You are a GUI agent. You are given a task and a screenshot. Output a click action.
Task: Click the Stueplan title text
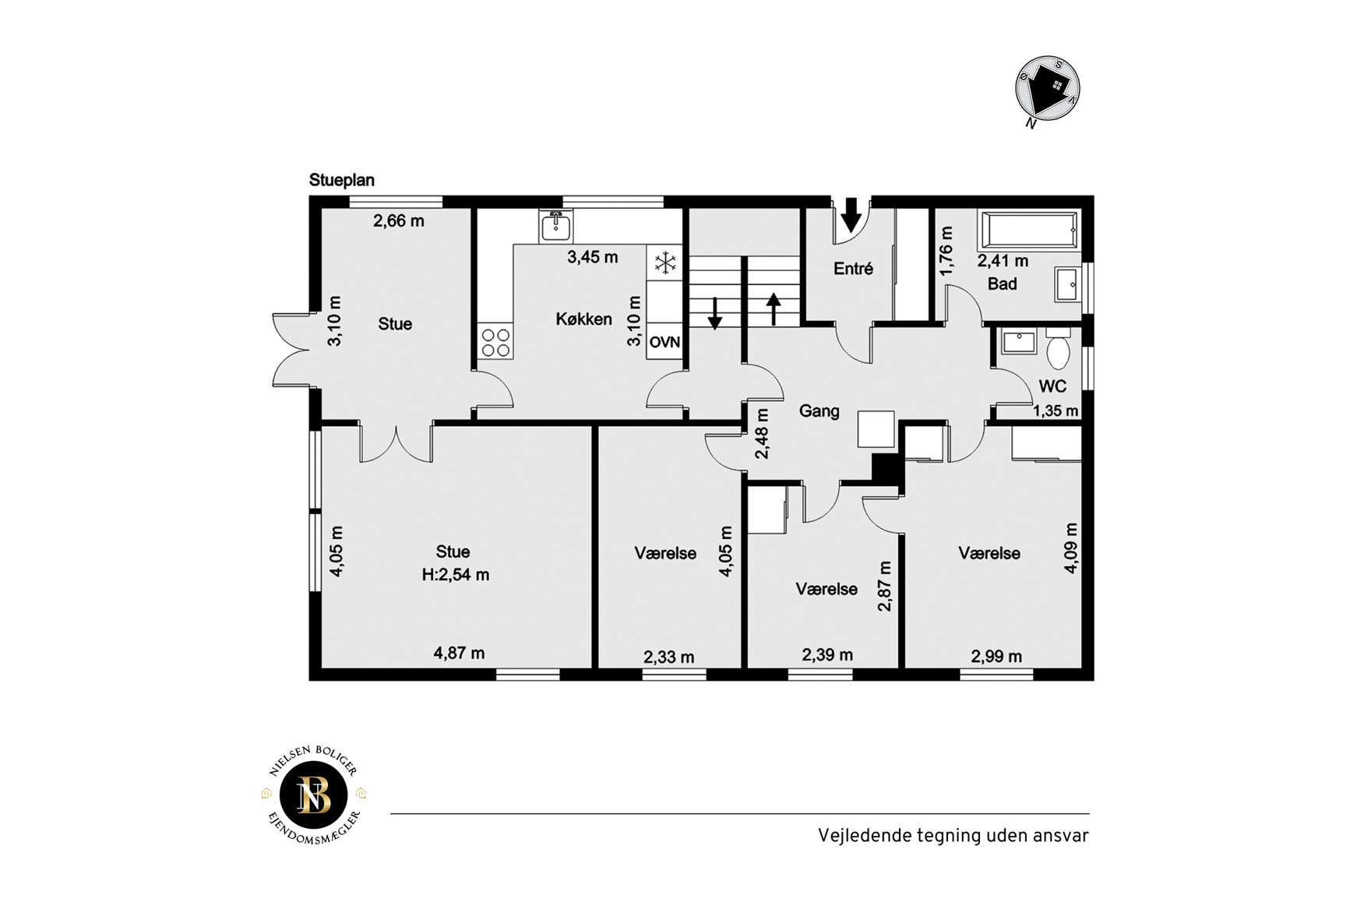tap(341, 180)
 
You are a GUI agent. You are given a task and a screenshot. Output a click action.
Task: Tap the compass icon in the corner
tap(1047, 90)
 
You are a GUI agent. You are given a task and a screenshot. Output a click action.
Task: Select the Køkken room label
tap(583, 319)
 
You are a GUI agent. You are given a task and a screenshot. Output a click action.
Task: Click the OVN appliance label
tap(664, 342)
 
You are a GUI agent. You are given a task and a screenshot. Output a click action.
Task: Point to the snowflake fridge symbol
tap(665, 263)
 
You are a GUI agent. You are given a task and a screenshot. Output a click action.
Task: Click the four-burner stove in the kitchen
tap(495, 342)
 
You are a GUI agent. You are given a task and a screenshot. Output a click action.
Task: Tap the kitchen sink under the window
tap(555, 227)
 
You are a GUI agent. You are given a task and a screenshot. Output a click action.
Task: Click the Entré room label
tap(853, 269)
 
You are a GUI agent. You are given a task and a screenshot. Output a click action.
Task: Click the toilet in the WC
tap(1058, 348)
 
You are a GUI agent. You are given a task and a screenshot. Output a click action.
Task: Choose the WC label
tap(1052, 386)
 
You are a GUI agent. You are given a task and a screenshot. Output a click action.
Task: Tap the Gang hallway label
tap(819, 411)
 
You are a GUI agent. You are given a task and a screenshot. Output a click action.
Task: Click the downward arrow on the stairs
tap(714, 313)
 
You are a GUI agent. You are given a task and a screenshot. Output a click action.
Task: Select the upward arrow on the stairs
tap(774, 308)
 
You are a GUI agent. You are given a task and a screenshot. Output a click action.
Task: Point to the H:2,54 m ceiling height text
tap(456, 576)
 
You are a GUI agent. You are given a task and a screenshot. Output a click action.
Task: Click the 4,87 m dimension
tap(459, 653)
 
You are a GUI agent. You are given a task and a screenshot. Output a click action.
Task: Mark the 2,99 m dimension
tap(996, 657)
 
